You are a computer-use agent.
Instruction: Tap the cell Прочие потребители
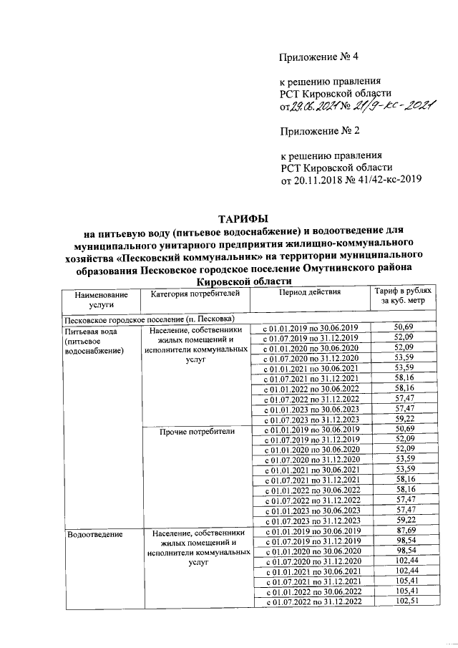coord(198,432)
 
